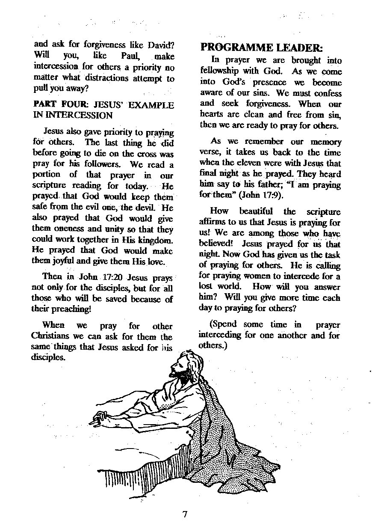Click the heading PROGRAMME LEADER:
[262, 48]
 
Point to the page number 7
[185, 514]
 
